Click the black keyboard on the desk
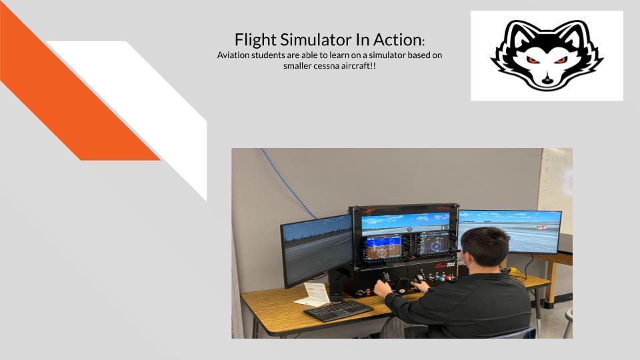338,311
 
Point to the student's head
484,247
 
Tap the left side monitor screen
317,249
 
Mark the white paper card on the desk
313,295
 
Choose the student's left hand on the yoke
383,289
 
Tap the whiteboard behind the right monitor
556,184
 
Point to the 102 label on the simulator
450,265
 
